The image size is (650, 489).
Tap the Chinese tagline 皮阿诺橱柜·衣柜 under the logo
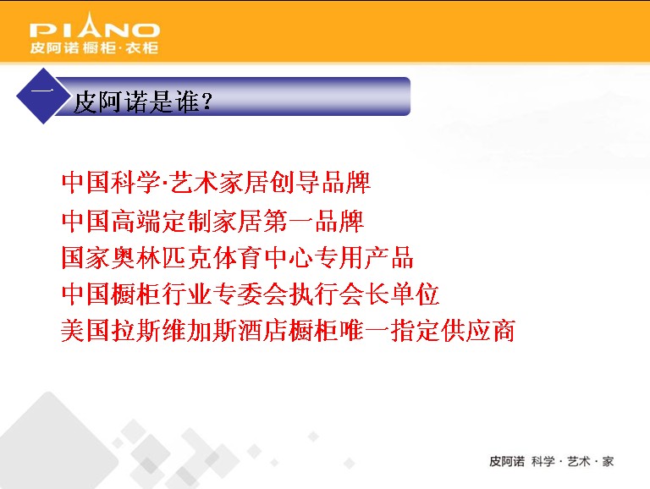[x=94, y=47]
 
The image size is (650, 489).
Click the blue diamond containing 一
[x=43, y=96]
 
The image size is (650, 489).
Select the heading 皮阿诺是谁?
[x=143, y=102]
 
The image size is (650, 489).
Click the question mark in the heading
[x=207, y=102]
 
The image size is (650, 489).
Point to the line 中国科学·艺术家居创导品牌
[x=216, y=183]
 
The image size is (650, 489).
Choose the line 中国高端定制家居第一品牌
[x=212, y=221]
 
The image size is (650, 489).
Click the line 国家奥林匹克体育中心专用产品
[x=238, y=257]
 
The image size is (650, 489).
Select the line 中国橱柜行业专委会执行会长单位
[x=251, y=294]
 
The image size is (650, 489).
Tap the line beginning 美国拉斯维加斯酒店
[x=289, y=330]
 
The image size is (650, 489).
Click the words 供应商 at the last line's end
[x=478, y=330]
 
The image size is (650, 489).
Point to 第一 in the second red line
[x=289, y=221]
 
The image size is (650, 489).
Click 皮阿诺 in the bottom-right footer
[x=507, y=461]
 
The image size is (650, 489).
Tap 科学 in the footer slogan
[x=543, y=461]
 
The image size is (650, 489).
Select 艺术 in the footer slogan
[x=579, y=461]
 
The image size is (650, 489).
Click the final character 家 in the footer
[x=609, y=461]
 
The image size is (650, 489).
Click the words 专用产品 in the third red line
[x=364, y=257]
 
